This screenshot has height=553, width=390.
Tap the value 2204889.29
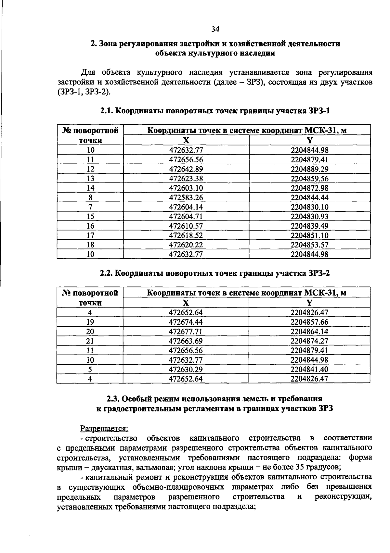[309, 169]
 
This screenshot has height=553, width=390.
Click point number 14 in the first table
[90, 188]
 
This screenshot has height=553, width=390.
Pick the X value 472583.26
[186, 197]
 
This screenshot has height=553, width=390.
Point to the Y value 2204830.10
[309, 207]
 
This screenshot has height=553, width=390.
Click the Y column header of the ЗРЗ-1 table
[309, 140]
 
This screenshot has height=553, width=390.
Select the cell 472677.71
[186, 332]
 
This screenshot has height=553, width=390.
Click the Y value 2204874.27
[309, 341]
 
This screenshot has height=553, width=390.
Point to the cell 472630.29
[186, 369]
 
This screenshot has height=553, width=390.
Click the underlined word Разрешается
[105, 429]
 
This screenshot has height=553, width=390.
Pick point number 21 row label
[90, 341]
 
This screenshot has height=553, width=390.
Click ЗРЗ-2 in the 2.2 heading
[318, 273]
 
